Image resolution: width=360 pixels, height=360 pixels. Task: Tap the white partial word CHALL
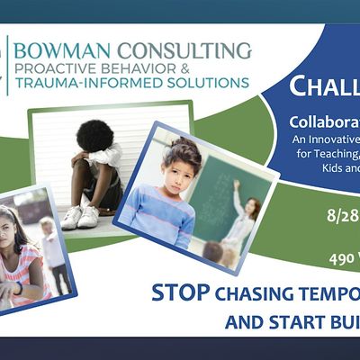[323, 87]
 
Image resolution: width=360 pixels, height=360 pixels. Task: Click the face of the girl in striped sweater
[178, 172]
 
